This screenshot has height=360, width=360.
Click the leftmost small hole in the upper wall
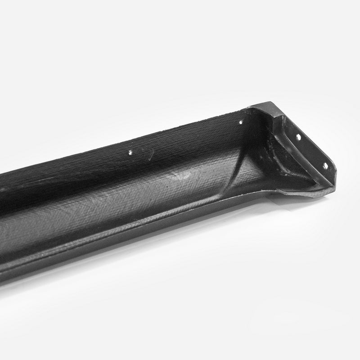tap(130, 152)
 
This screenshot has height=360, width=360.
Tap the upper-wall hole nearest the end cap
tap(241, 122)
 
